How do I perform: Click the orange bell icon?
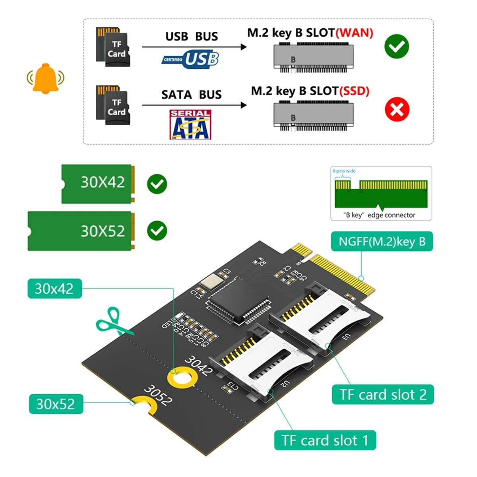(46, 78)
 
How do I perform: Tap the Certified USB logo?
(191, 59)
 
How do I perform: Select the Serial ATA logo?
(190, 125)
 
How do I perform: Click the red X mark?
(397, 109)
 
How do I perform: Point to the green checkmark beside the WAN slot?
(396, 47)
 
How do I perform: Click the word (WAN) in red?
(355, 33)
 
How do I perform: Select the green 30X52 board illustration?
(81, 231)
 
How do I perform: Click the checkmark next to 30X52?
(157, 231)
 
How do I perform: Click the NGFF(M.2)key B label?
(382, 242)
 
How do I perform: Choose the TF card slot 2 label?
(383, 394)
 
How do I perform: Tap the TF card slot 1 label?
(325, 440)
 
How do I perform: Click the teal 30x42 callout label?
(54, 289)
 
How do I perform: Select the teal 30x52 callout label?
(56, 404)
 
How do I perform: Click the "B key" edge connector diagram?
(381, 193)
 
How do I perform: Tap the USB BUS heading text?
(192, 37)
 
